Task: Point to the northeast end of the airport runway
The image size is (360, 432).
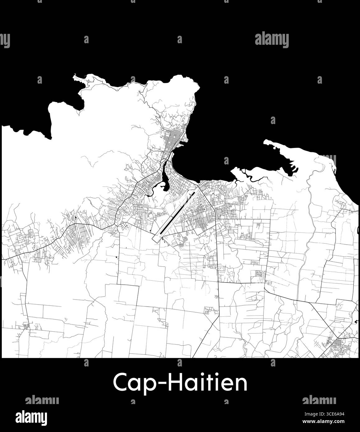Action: (x=194, y=193)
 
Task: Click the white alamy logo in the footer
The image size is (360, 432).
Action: (x=36, y=416)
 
